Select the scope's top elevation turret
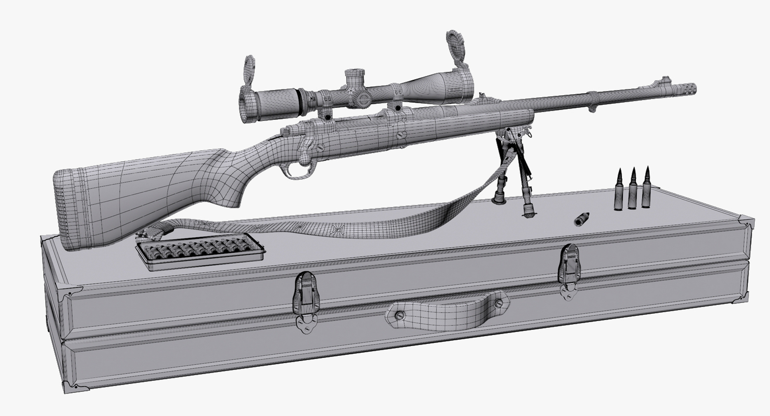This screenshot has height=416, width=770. pos(355,76)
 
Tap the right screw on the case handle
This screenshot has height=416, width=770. pos(498,303)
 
